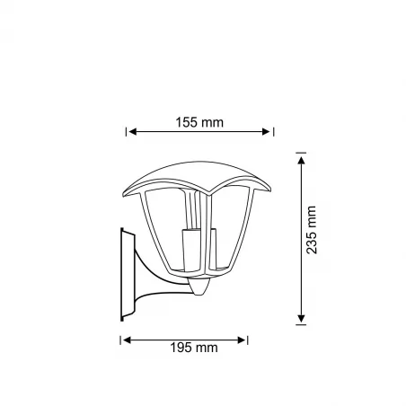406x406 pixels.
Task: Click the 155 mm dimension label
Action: click(x=199, y=122)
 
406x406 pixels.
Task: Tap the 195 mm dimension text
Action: click(x=194, y=348)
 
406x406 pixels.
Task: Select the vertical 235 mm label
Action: click(x=312, y=230)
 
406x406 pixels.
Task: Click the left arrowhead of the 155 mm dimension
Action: click(x=132, y=131)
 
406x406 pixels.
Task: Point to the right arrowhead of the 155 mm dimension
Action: click(x=266, y=131)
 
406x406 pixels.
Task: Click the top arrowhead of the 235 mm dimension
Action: click(x=301, y=160)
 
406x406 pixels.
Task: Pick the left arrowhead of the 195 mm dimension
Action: click(x=128, y=340)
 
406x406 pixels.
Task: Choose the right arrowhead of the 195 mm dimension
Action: click(x=242, y=340)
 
